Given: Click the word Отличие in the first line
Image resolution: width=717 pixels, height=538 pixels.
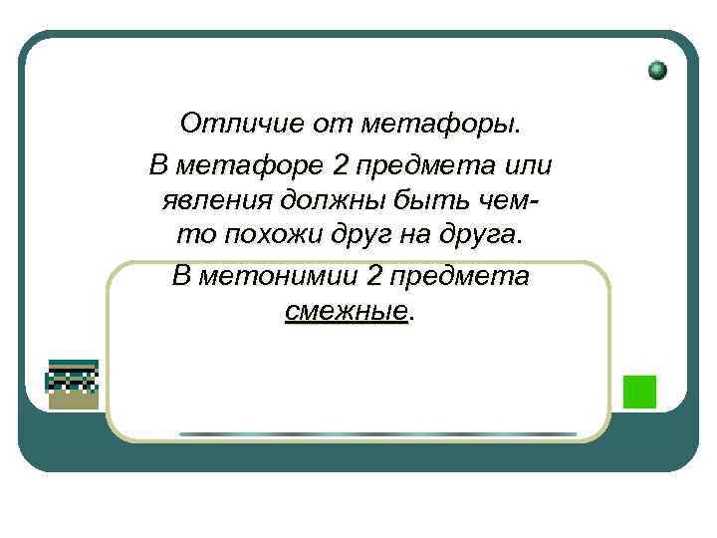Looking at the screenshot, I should tap(223, 124).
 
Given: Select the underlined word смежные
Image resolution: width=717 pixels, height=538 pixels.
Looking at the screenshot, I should tap(346, 312).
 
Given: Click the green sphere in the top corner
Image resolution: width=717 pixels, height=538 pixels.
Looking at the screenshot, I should tap(657, 71).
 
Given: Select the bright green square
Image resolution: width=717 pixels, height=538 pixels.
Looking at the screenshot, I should tap(639, 391).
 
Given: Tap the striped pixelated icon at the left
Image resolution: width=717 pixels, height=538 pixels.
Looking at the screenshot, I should tap(73, 383).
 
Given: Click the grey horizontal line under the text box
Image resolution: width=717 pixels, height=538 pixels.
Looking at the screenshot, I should tap(377, 434).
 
